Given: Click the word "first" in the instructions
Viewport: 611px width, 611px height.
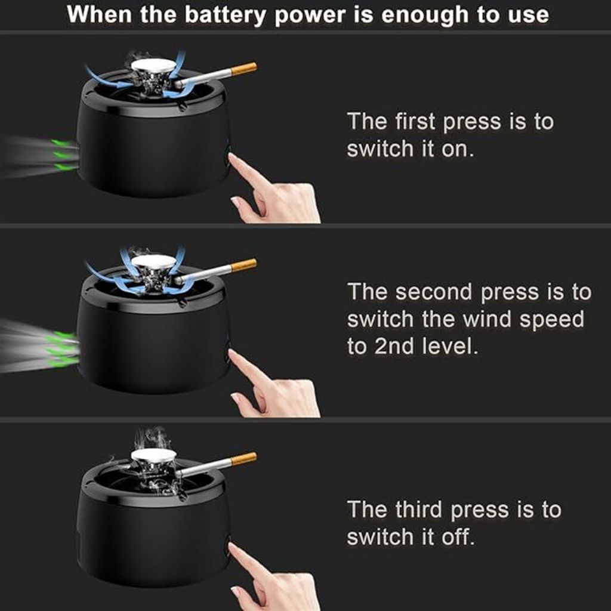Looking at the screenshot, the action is [415, 121].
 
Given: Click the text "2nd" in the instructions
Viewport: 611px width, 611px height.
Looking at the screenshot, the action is [394, 346].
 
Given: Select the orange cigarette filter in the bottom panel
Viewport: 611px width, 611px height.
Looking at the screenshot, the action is [244, 458].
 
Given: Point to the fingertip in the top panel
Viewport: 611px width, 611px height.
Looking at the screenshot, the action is [232, 157].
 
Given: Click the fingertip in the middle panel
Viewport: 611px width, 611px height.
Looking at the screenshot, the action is [232, 353].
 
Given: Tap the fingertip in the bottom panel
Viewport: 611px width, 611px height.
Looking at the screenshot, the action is [232, 547].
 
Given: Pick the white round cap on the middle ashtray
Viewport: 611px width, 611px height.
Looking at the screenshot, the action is [153, 261].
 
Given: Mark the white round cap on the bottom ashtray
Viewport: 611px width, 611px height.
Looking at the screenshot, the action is [153, 455].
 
